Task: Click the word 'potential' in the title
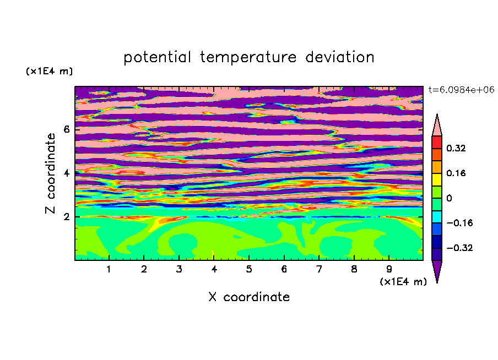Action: point(157,58)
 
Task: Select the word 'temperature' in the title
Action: point(248,58)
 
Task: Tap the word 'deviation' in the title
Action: point(340,57)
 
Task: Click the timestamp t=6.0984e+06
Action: point(461,90)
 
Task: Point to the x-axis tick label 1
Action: point(109,269)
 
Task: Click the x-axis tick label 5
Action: point(249,269)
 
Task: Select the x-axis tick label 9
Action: point(389,269)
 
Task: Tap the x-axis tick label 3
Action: point(179,269)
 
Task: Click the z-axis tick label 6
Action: point(67,129)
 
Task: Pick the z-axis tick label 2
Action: point(67,217)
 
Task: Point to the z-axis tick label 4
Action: point(67,173)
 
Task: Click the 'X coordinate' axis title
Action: point(249,297)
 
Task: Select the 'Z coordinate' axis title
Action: point(50,173)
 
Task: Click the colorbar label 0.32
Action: point(456,148)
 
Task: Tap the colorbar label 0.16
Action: point(456,173)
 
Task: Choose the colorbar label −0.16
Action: point(459,223)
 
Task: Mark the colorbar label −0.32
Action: point(459,248)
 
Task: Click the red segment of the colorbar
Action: point(437,142)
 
